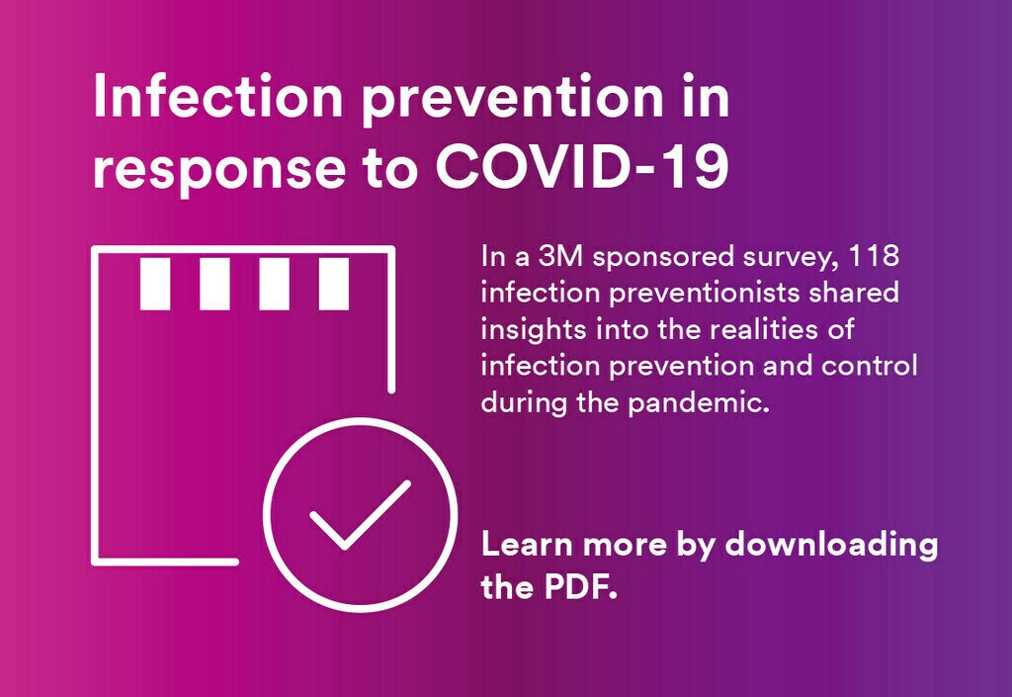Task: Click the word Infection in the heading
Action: [218, 96]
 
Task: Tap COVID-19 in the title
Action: [583, 167]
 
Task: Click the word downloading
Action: [831, 546]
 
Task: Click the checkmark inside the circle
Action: [360, 515]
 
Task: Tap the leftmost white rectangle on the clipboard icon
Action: [155, 284]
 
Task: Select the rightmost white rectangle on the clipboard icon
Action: [334, 284]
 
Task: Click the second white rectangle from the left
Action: [214, 284]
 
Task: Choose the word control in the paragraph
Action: [870, 366]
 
